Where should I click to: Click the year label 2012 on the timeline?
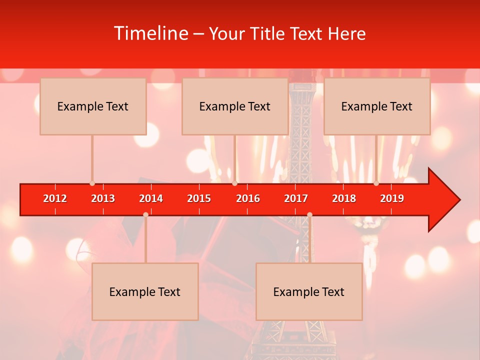coord(55,198)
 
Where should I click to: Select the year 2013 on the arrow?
coord(103,198)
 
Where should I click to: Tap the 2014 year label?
coord(151,198)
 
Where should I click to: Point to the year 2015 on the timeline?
coord(199,198)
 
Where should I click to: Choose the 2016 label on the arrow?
coord(248,198)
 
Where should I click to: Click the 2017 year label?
coord(296,198)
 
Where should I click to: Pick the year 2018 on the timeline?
coord(344,198)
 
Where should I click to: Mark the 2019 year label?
coord(392,198)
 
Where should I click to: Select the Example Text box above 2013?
coord(93,106)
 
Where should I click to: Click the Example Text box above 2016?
coord(235,106)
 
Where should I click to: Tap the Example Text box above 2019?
coord(377,106)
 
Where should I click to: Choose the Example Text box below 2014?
coord(145,292)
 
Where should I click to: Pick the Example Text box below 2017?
coord(309,292)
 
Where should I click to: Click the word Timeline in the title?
coord(150,33)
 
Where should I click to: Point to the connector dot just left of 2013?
coord(92,183)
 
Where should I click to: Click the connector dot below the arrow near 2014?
coord(145,214)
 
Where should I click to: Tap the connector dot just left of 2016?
coord(234,183)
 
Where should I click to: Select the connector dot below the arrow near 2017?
coord(309,214)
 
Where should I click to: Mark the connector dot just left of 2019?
coord(376,183)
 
